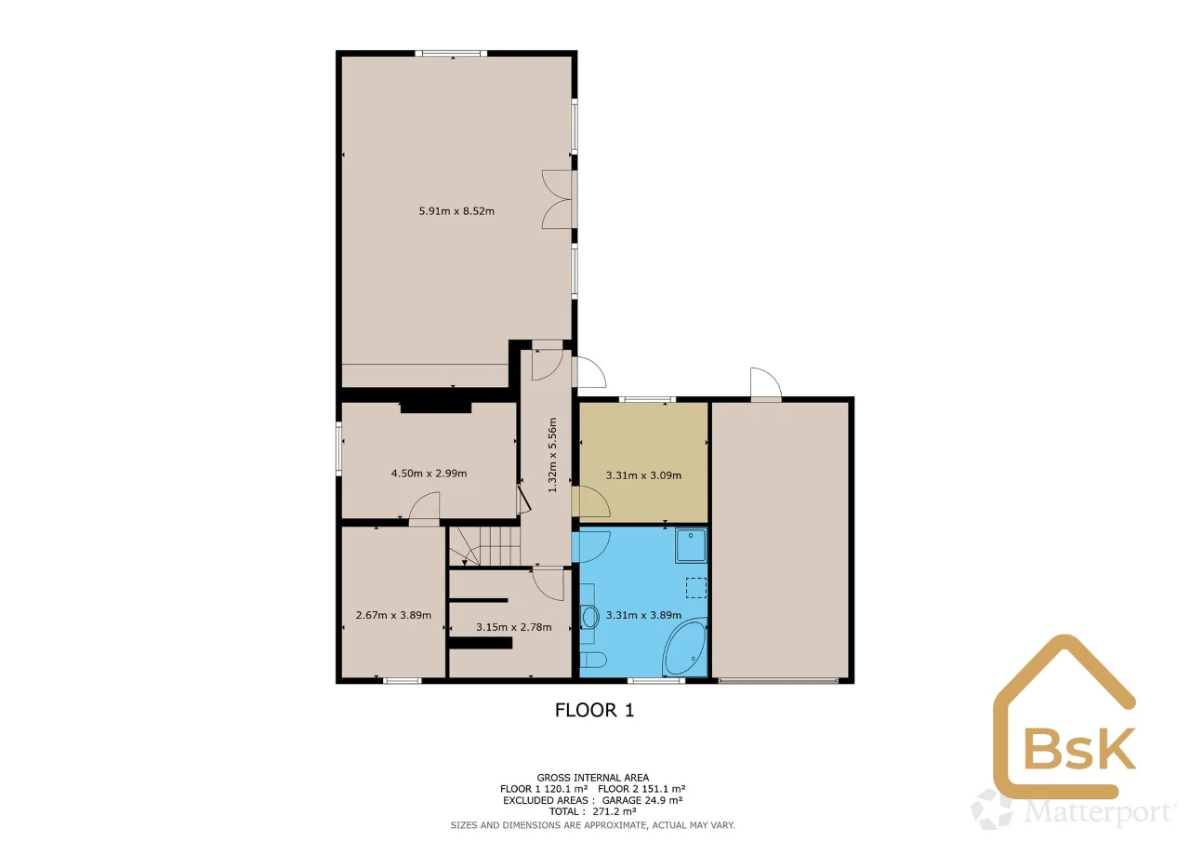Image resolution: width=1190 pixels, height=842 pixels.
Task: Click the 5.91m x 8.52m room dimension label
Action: [x=456, y=211]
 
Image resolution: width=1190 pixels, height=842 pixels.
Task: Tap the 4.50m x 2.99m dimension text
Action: [x=429, y=473]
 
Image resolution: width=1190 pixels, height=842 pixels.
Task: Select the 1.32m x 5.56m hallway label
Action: [x=552, y=455]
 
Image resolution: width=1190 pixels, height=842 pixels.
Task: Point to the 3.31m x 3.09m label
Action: [x=643, y=475]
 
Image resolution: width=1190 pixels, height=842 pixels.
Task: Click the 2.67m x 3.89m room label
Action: [x=393, y=615]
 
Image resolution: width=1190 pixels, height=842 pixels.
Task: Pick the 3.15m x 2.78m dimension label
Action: [x=514, y=627]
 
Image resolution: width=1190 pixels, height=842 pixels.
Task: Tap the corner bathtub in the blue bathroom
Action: [x=685, y=647]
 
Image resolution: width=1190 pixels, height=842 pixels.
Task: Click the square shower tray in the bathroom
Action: [x=691, y=545]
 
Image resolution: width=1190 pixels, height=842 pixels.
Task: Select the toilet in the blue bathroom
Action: [x=593, y=660]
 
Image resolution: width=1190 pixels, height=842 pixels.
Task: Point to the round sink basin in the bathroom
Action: [x=589, y=617]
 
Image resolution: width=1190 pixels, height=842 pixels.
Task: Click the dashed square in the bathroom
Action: [x=696, y=588]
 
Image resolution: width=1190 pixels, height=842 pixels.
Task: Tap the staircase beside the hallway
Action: [x=484, y=546]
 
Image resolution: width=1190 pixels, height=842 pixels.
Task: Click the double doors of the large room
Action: [x=558, y=199]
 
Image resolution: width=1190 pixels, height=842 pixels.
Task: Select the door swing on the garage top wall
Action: [x=765, y=382]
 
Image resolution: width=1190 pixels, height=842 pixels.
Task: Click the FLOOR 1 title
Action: [x=594, y=710]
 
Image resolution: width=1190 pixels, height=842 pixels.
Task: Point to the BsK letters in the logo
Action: [x=1080, y=748]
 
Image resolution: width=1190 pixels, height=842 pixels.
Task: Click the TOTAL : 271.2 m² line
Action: [x=593, y=811]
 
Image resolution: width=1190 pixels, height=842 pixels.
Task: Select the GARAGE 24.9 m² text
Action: [x=642, y=800]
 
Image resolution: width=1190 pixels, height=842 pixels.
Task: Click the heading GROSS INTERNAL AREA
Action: [x=593, y=778]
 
